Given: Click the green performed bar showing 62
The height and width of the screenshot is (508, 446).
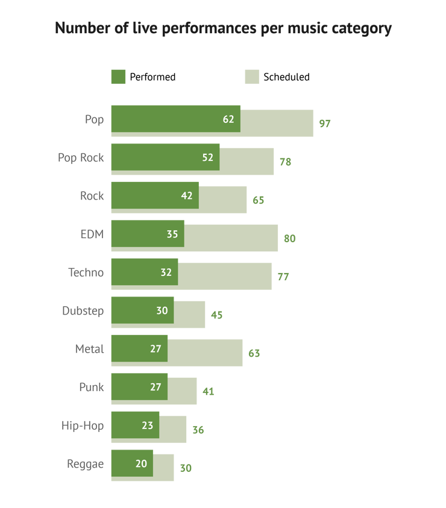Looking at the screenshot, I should (175, 119).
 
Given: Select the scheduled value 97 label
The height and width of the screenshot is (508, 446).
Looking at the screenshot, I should (325, 124).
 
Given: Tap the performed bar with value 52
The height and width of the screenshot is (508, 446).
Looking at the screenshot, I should (165, 157).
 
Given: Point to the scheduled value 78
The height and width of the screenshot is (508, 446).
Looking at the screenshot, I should (285, 161).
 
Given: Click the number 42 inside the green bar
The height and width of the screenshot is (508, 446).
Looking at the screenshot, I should (186, 195).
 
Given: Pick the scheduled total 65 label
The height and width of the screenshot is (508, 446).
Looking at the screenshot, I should (259, 200).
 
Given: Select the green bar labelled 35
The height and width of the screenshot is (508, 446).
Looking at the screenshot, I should (147, 234).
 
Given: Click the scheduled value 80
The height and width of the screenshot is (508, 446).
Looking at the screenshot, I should (290, 238).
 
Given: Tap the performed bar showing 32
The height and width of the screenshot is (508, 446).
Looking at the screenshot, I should (145, 272).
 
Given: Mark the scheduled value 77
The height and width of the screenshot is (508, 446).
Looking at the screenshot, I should (283, 277).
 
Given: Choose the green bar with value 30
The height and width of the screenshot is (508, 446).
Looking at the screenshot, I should (142, 310).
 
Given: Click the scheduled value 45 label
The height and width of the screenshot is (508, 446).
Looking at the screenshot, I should (216, 315).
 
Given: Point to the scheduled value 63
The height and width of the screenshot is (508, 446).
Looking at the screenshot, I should (254, 353).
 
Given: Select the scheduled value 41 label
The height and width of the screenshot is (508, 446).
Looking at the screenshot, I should (209, 391).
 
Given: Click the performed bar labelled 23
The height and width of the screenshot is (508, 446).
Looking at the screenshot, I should (135, 425).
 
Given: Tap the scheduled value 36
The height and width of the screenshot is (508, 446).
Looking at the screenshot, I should (198, 430).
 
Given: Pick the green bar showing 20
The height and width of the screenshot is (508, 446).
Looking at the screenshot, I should (132, 463).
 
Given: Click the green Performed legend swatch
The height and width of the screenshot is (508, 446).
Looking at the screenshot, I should (118, 77).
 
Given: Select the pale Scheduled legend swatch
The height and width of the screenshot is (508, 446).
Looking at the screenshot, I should (252, 77).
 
